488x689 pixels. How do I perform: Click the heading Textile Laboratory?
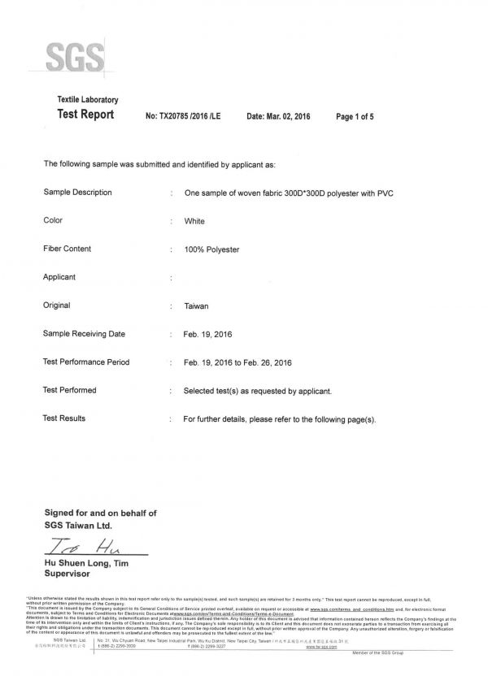(87, 99)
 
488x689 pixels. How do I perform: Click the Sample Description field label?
(77, 193)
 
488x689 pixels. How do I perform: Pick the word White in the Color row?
(194, 221)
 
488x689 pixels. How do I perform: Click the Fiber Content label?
(67, 249)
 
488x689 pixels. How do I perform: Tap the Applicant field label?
(59, 277)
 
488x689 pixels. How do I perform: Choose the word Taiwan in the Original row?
(198, 306)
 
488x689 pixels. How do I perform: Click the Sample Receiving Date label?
(84, 334)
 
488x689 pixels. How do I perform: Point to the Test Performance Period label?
(86, 362)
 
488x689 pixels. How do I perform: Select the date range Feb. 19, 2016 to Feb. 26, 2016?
(237, 362)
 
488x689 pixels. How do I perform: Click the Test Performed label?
(69, 390)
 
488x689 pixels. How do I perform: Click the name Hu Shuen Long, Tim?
(86, 562)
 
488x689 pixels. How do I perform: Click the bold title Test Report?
(85, 115)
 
